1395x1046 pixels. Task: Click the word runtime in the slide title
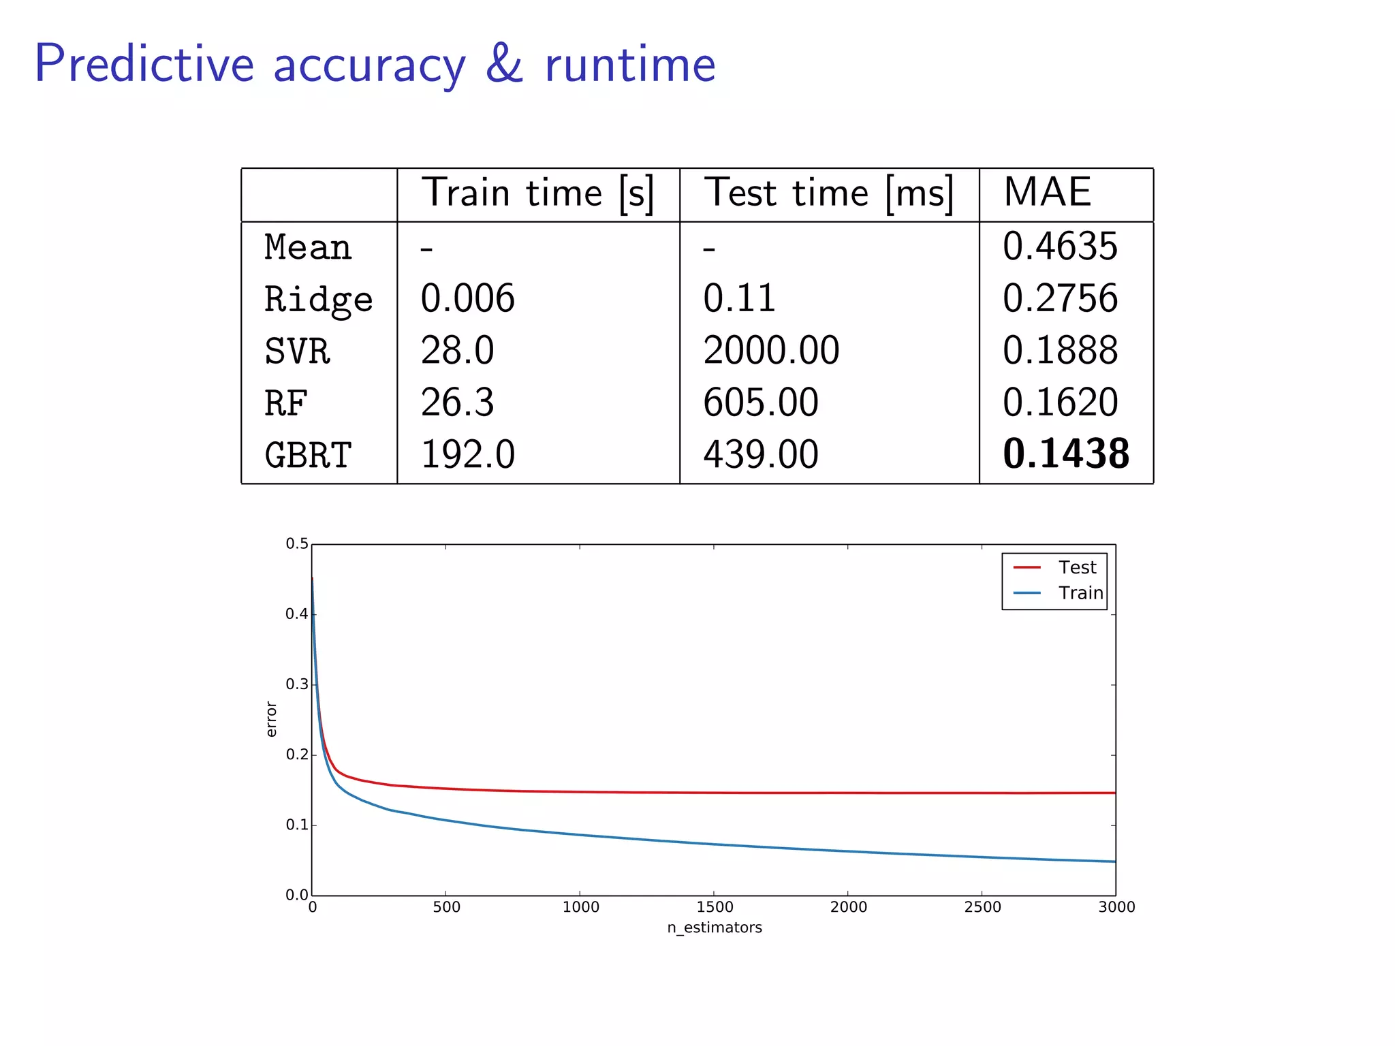pyautogui.click(x=630, y=65)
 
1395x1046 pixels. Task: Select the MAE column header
pyautogui.click(x=1047, y=192)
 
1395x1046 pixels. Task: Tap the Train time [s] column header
pyautogui.click(x=537, y=193)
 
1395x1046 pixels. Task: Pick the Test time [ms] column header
pyautogui.click(x=828, y=193)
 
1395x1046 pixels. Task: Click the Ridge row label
pyautogui.click(x=318, y=300)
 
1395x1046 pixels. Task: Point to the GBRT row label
pyautogui.click(x=308, y=455)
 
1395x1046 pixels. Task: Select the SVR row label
pyautogui.click(x=297, y=351)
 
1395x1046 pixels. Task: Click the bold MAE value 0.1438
pyautogui.click(x=1066, y=454)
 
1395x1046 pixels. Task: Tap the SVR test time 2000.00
pyautogui.click(x=771, y=351)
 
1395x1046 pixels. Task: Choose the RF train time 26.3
pyautogui.click(x=457, y=402)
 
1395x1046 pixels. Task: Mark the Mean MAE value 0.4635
pyautogui.click(x=1060, y=247)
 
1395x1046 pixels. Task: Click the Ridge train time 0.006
pyautogui.click(x=467, y=299)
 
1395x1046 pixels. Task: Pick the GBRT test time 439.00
pyautogui.click(x=761, y=454)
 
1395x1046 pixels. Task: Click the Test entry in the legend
pyautogui.click(x=1077, y=567)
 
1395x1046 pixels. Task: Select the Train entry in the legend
pyautogui.click(x=1080, y=593)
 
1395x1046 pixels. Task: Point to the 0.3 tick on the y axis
pyautogui.click(x=297, y=684)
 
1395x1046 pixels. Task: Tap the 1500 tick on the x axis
pyautogui.click(x=715, y=907)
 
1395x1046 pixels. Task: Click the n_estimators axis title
pyautogui.click(x=715, y=928)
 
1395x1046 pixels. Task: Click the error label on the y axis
pyautogui.click(x=271, y=719)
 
